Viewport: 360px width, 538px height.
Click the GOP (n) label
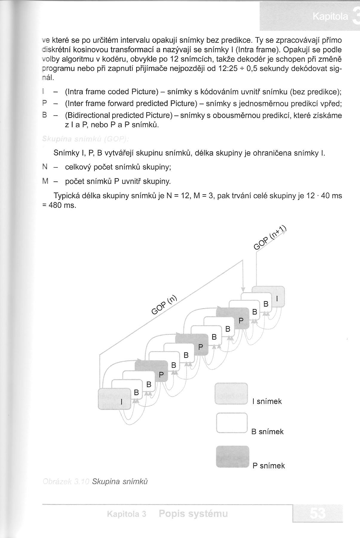coord(164,305)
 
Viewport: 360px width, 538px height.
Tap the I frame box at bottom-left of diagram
coord(114,399)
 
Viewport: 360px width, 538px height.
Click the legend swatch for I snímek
coord(231,393)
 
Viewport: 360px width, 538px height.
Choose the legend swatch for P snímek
coord(232,456)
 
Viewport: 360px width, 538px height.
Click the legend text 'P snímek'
coord(269,466)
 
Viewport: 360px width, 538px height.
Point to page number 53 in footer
coord(318,514)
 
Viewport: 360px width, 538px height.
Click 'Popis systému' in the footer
coord(193,514)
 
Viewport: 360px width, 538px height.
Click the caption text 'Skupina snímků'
coord(120,482)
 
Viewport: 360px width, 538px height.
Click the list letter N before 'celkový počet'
coord(45,167)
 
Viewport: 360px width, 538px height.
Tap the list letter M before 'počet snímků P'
coord(45,181)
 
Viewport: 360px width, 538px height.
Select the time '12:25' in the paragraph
coord(228,69)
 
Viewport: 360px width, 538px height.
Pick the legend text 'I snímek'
coord(267,402)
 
